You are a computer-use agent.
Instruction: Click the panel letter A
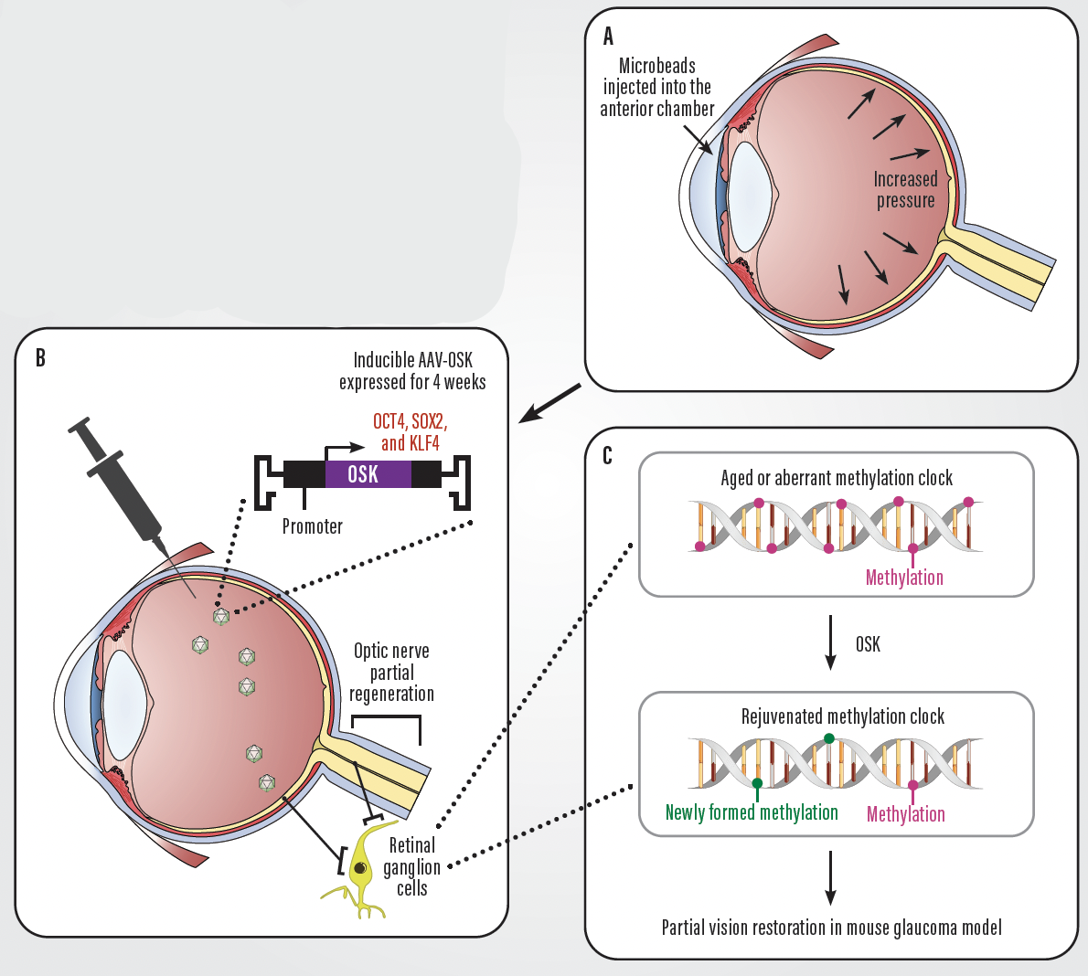click(x=608, y=37)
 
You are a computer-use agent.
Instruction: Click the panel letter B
click(x=40, y=357)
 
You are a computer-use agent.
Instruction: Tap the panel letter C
click(x=607, y=455)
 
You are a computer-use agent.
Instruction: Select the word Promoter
click(x=312, y=526)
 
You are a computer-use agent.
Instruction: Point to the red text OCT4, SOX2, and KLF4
click(x=410, y=432)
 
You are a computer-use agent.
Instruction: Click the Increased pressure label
click(x=905, y=190)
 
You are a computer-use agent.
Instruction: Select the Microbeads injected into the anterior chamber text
click(x=656, y=88)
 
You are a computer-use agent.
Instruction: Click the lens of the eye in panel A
click(x=747, y=196)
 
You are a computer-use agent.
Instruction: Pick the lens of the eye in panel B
click(x=124, y=705)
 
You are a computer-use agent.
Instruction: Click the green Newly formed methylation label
click(x=752, y=812)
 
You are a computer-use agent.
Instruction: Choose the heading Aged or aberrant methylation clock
click(x=836, y=478)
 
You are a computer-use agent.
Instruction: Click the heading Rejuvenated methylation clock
click(x=842, y=716)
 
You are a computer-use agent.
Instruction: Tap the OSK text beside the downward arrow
click(x=868, y=645)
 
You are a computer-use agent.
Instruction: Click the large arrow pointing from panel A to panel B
click(x=549, y=403)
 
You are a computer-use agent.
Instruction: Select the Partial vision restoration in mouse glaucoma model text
click(x=831, y=928)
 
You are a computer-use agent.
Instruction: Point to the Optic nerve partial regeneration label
click(x=391, y=673)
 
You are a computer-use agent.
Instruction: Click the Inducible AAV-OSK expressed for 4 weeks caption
click(x=412, y=371)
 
